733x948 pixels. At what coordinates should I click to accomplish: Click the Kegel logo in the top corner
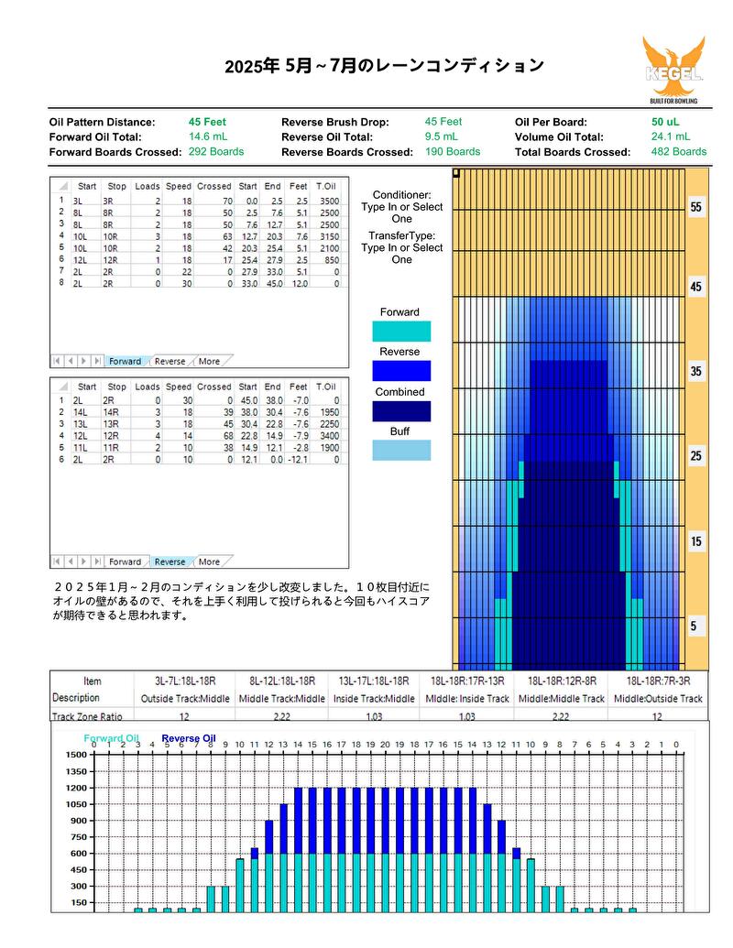pyautogui.click(x=673, y=70)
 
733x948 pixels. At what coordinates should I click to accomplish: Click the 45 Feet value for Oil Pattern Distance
pyautogui.click(x=207, y=122)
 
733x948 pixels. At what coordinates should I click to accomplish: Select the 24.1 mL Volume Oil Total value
pyautogui.click(x=670, y=136)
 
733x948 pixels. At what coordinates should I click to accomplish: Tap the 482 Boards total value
pyautogui.click(x=679, y=152)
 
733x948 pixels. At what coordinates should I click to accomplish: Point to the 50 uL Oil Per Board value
pyautogui.click(x=665, y=122)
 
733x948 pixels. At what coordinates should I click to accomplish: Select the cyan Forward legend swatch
pyautogui.click(x=401, y=332)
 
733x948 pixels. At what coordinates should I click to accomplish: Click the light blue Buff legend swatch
pyautogui.click(x=401, y=451)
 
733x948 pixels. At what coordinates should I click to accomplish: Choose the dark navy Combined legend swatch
pyautogui.click(x=401, y=411)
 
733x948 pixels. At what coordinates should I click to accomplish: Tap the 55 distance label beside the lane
pyautogui.click(x=696, y=207)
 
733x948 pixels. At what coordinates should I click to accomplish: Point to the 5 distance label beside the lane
pyautogui.click(x=694, y=626)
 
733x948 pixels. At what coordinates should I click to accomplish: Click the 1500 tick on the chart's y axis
pyautogui.click(x=76, y=755)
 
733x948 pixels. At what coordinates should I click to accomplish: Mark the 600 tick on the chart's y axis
pyautogui.click(x=79, y=853)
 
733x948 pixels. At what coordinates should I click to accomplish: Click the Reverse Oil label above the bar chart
pyautogui.click(x=189, y=738)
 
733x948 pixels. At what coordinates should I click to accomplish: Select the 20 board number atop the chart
pyautogui.click(x=385, y=745)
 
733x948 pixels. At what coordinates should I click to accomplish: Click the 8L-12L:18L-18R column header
pyautogui.click(x=282, y=681)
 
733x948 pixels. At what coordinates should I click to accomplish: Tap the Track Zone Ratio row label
pyautogui.click(x=87, y=716)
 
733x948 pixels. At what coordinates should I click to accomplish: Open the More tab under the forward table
pyautogui.click(x=209, y=361)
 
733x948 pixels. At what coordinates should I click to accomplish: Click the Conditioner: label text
pyautogui.click(x=401, y=195)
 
